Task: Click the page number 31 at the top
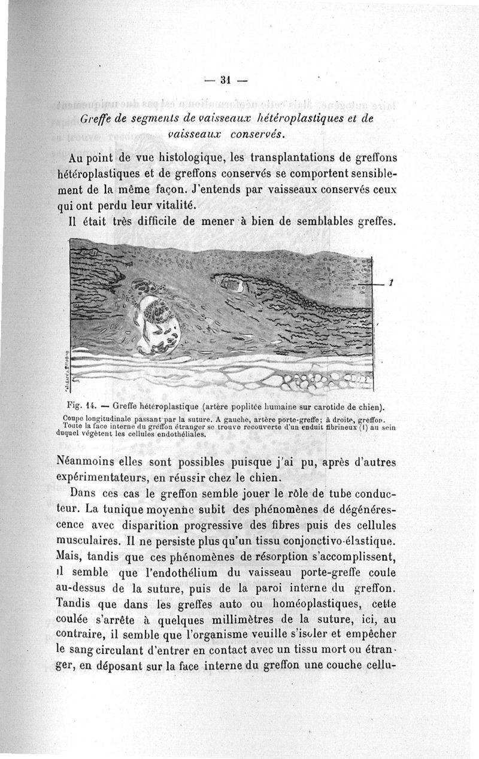point(226,78)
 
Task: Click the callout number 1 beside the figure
point(390,283)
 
